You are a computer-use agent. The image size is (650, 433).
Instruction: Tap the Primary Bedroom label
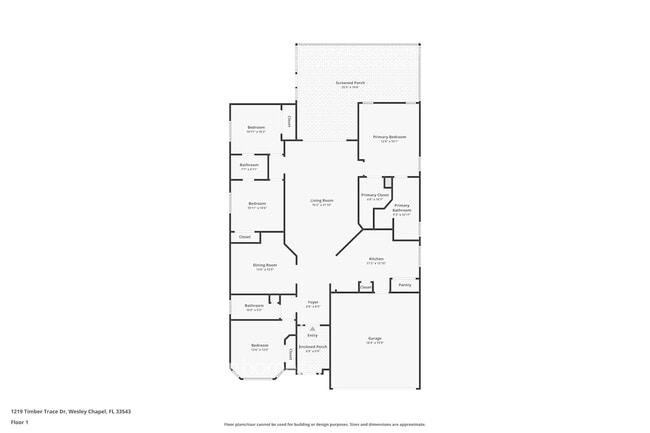(389, 137)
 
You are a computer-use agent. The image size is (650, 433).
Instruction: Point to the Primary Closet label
(375, 195)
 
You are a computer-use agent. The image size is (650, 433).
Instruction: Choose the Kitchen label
(376, 259)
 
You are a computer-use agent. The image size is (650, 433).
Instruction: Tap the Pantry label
(404, 285)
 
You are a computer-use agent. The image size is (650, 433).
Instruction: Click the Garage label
(375, 338)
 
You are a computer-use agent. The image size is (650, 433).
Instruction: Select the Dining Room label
(265, 265)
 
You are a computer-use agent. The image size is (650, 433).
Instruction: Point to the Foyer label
(313, 301)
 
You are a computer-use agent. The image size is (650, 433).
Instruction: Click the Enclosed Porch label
(312, 347)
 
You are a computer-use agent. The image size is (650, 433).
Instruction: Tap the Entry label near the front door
(312, 334)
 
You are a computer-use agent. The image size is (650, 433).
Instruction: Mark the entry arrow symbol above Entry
(312, 326)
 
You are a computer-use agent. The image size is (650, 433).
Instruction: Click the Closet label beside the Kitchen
(366, 286)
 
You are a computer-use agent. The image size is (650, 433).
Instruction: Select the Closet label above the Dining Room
(244, 237)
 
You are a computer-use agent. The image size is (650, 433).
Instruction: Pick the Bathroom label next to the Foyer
(254, 306)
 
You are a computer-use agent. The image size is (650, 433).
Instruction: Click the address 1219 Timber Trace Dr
(70, 411)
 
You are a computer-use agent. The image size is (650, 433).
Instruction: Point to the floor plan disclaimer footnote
(324, 424)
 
